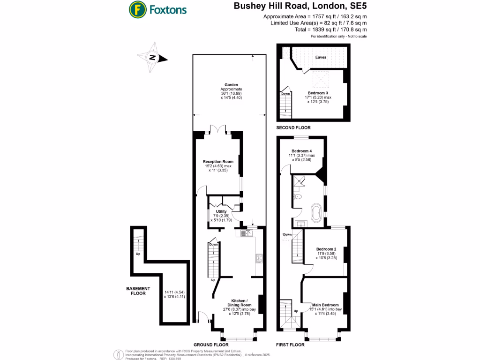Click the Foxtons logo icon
tap(137, 9)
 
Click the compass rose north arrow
tap(153, 58)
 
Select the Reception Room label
tap(218, 162)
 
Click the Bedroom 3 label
tap(318, 93)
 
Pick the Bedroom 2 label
tap(326, 249)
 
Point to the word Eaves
tap(321, 58)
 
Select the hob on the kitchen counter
tap(259, 258)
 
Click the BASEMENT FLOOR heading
tap(138, 291)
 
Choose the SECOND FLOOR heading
tap(293, 127)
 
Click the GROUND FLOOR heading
tap(210, 345)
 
